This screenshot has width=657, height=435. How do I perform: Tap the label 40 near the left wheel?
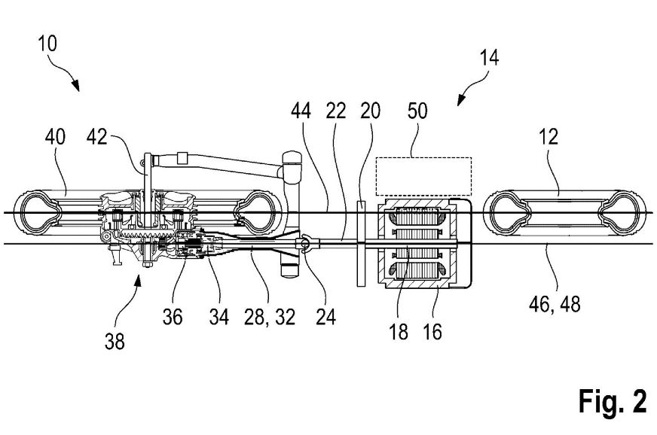pos(54,137)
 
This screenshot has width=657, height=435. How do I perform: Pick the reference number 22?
pos(335,111)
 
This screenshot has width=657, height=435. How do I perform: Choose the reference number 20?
pos(370,111)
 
